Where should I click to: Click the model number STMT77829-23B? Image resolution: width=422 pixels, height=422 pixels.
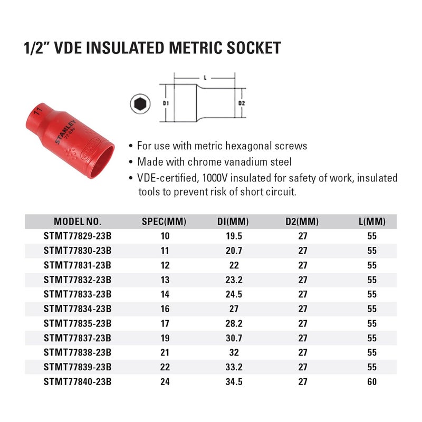tap(78, 236)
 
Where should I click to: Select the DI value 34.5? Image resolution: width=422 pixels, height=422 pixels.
tap(232, 380)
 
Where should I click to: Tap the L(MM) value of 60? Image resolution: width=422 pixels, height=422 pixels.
tap(372, 380)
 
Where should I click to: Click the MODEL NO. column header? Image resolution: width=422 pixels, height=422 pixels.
tap(78, 222)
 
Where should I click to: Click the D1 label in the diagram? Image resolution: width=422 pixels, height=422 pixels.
tap(165, 103)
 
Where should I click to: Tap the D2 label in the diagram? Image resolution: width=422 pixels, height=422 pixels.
tap(242, 103)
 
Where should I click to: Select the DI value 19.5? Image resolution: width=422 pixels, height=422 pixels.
tap(232, 236)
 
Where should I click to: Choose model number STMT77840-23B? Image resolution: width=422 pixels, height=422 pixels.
tap(78, 380)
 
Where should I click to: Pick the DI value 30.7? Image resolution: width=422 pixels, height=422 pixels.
tap(232, 337)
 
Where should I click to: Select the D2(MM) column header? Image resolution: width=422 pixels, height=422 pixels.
tap(302, 222)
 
